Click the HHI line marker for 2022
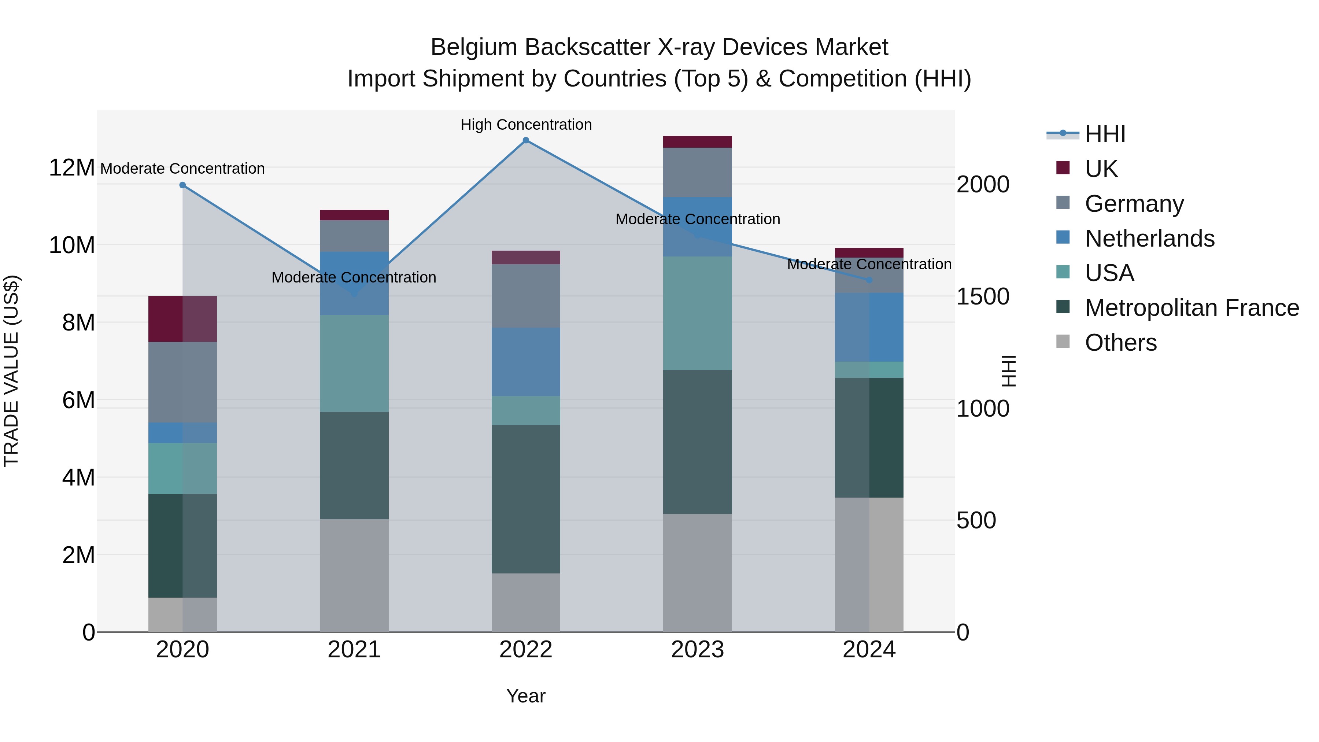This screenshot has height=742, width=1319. [526, 140]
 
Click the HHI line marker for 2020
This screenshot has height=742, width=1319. [182, 185]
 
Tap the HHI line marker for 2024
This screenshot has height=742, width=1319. [869, 280]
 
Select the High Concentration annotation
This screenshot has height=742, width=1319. [526, 125]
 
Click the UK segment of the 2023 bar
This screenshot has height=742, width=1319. [697, 142]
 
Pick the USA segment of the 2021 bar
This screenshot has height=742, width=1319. [354, 363]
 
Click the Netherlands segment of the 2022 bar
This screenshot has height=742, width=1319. [526, 362]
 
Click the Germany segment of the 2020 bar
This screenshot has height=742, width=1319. [182, 382]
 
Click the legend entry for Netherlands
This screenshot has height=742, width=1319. [1149, 239]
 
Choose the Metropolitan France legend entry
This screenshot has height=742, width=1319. [1191, 308]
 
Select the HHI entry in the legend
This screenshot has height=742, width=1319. [1105, 134]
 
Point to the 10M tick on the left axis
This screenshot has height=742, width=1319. [72, 245]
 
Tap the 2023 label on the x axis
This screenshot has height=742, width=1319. [697, 650]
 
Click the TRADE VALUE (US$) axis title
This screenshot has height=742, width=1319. [11, 371]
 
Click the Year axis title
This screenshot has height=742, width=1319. [526, 696]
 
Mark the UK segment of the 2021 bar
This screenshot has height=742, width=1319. [354, 215]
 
